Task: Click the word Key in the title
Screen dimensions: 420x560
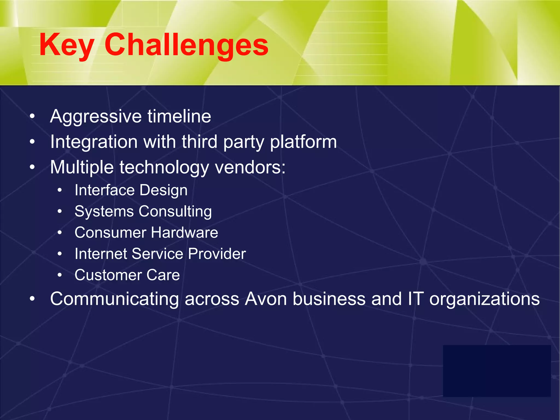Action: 67,45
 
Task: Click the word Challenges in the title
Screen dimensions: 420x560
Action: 186,45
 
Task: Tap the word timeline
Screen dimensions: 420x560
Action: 179,116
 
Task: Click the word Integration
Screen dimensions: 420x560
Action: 94,142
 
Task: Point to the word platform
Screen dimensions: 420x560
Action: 303,142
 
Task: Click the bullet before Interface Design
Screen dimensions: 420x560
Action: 60,190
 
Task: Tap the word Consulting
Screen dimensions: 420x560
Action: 175,212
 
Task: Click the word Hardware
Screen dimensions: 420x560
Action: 185,233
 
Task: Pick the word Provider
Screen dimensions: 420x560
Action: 217,254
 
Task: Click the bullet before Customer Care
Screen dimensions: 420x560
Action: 60,275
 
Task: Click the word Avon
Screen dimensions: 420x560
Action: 266,299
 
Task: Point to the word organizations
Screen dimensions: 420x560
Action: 485,299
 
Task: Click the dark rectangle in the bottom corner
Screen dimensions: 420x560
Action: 497,371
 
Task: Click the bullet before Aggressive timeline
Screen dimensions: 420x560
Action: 32,116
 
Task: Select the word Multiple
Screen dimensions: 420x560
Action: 82,167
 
